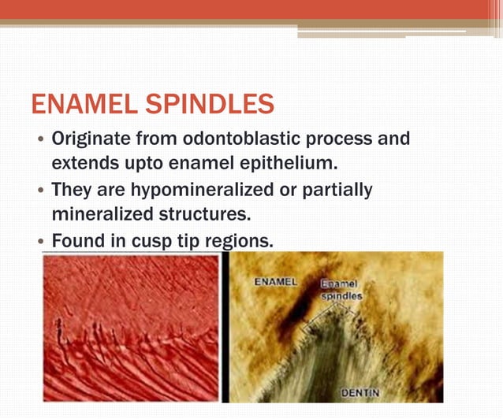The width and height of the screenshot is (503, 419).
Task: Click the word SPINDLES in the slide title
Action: coord(219,104)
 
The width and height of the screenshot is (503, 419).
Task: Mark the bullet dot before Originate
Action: coord(39,141)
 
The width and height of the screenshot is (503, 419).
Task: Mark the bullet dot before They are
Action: coord(39,191)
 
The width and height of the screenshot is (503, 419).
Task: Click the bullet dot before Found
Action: coord(39,242)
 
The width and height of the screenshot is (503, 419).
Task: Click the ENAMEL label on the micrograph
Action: coord(276,281)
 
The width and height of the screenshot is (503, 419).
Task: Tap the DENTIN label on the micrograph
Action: coord(360,392)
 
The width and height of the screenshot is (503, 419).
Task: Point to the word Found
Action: coord(78,240)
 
